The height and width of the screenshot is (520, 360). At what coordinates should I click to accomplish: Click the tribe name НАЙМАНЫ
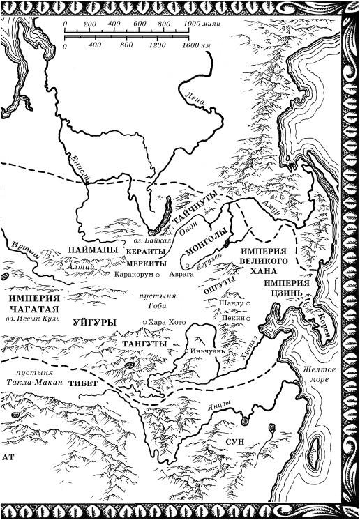coord(92,249)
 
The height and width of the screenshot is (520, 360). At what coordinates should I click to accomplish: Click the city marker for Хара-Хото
coord(144,321)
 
